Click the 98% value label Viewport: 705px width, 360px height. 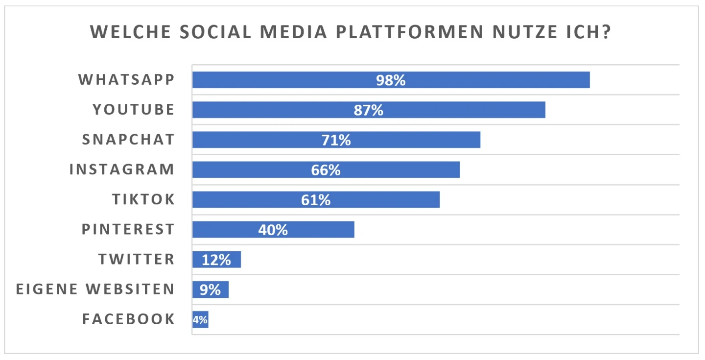tap(391, 80)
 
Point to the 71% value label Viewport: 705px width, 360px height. tap(336, 140)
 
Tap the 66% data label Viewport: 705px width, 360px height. tap(326, 170)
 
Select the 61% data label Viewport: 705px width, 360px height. tap(316, 200)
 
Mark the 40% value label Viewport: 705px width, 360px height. tap(273, 230)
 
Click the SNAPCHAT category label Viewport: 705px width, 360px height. tap(128, 140)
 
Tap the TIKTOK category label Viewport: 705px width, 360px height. tap(143, 199)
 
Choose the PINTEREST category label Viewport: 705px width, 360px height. tap(128, 229)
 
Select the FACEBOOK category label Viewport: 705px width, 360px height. tap(128, 319)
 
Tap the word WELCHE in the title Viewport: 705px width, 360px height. tap(129, 33)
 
